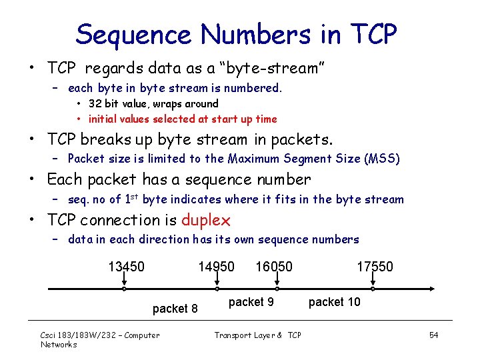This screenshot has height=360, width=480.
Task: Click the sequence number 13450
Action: click(x=126, y=267)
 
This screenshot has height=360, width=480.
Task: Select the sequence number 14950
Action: click(x=216, y=267)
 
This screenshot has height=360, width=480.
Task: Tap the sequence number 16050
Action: click(x=273, y=267)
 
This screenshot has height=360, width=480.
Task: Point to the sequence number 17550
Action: click(x=375, y=267)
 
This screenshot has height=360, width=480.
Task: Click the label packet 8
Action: click(x=175, y=309)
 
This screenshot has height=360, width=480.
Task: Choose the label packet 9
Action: click(x=251, y=302)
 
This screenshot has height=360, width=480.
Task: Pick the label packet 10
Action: click(x=334, y=302)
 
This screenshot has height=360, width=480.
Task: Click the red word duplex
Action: click(x=206, y=220)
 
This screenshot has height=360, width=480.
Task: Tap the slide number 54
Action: click(x=433, y=335)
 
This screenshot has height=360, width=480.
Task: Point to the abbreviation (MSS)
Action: click(x=381, y=159)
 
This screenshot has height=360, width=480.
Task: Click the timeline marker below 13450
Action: click(x=124, y=289)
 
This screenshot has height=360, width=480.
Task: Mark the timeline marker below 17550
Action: click(x=373, y=289)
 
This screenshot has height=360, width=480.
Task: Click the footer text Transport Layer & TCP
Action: click(x=257, y=335)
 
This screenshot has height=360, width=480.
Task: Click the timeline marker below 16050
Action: click(x=277, y=289)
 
